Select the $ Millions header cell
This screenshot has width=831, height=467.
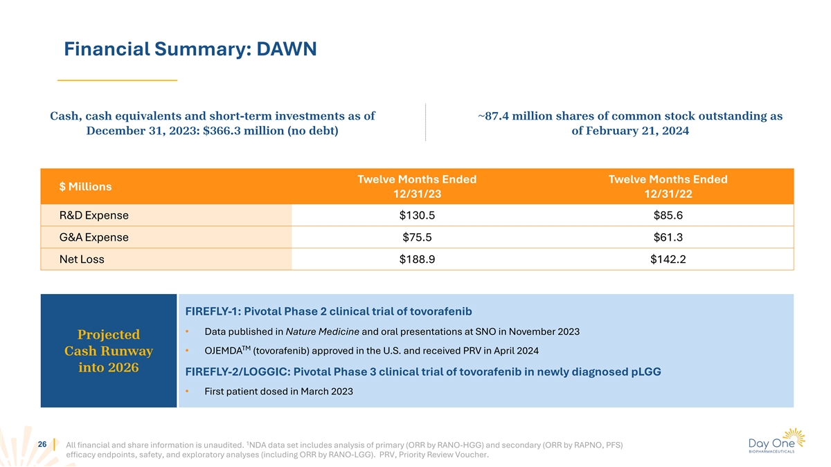pos(86,187)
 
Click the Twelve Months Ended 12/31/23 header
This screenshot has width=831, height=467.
pos(417,187)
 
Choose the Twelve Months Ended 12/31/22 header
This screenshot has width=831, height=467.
pos(668,187)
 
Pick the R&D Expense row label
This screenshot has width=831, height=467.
pos(94,215)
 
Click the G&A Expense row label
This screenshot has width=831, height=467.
pos(94,237)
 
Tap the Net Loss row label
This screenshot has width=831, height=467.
pos(82,259)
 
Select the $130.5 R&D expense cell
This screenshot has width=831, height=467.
pos(417,215)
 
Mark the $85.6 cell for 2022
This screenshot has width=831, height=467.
pos(668,215)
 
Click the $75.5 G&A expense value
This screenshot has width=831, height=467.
pos(417,237)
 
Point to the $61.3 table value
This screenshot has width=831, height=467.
pos(668,237)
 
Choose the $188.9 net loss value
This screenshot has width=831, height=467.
pos(417,259)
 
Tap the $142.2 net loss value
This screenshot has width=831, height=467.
pos(668,259)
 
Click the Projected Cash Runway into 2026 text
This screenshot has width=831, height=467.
pos(109,351)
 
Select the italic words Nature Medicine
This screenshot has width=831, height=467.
pos(322,331)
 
